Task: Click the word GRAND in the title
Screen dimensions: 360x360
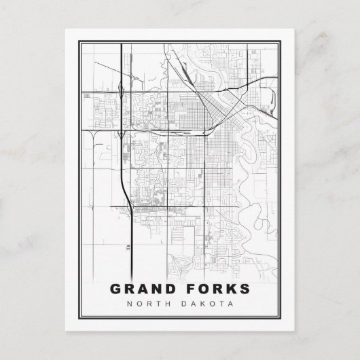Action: [143, 289]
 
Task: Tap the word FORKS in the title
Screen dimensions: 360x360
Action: [215, 289]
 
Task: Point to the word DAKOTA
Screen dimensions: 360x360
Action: [211, 304]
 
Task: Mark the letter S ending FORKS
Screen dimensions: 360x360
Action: [245, 289]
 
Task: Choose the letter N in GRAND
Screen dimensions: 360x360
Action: [156, 289]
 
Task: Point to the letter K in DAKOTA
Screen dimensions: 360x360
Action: [206, 304]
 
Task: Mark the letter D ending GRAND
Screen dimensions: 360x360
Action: [170, 289]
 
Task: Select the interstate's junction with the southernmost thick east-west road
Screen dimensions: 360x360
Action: [128, 206]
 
